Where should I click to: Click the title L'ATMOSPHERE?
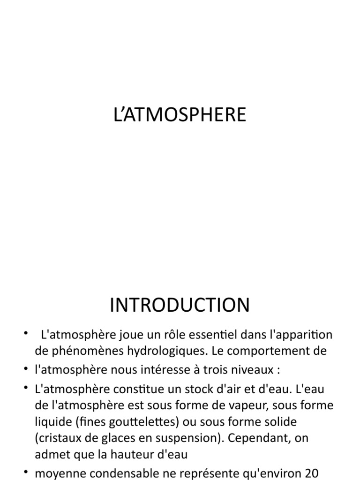pos(180,115)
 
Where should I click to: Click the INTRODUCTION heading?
pos(180,305)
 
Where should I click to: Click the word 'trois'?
pos(222,370)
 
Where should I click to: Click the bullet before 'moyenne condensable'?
pos(26,473)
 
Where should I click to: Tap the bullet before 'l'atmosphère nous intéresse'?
pos(26,370)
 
